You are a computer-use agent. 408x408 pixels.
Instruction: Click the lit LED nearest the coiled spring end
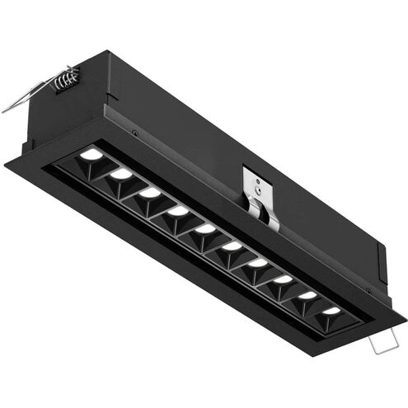91,154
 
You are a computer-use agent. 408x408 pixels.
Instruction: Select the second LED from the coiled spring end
121,174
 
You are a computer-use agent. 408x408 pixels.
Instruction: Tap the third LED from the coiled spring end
150,192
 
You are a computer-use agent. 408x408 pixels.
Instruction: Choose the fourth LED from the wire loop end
258,263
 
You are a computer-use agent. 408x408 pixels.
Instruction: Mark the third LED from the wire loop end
283,279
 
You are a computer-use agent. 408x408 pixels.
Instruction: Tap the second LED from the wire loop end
307,295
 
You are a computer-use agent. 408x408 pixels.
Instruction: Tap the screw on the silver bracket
260,187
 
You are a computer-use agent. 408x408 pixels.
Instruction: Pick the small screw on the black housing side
132,130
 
